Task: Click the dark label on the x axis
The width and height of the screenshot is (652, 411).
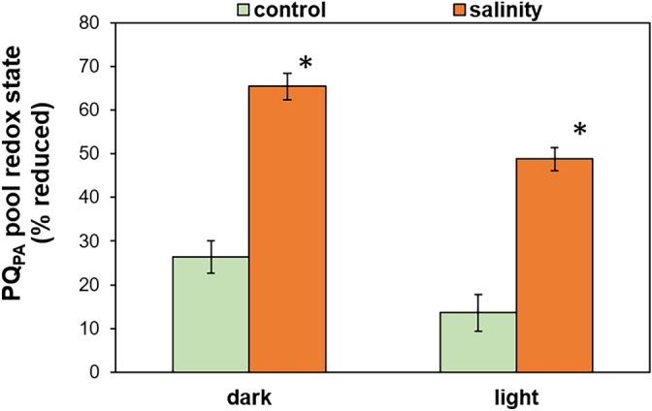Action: (x=248, y=398)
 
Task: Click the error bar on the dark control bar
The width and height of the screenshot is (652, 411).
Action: (x=211, y=257)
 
